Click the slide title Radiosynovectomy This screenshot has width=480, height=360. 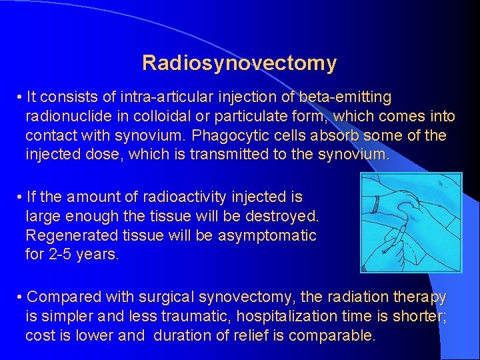click(x=239, y=63)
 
